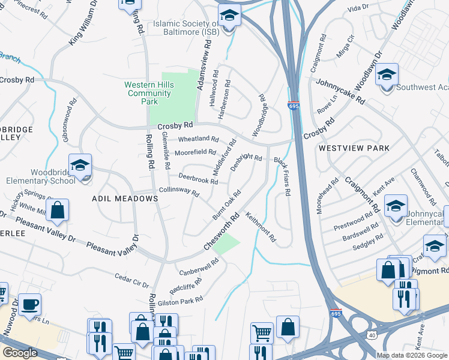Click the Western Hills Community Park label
[149, 94]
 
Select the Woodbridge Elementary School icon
[80, 166]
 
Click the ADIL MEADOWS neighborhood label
[125, 198]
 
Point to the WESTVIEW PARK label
[354, 148]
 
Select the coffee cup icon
[29, 304]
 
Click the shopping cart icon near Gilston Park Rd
[261, 332]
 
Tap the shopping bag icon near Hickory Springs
[58, 211]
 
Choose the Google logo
[20, 353]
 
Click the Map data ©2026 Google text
[412, 355]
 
